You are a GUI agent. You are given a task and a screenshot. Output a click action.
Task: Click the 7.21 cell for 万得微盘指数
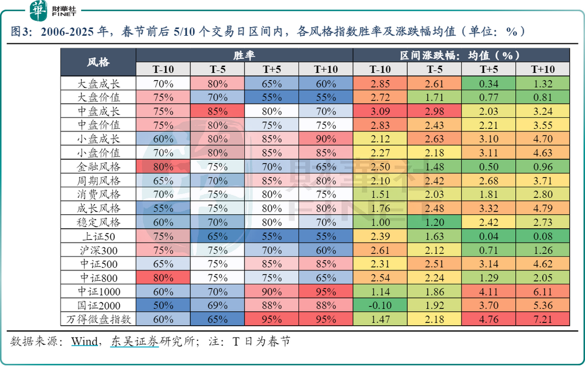point(542,319)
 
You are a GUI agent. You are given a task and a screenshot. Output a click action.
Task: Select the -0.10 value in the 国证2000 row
point(380,306)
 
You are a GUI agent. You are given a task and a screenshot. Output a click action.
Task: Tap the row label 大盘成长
point(98,84)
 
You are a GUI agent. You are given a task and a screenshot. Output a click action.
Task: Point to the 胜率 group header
point(244,55)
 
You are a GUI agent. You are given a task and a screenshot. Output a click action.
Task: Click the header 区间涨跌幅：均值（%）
point(461,55)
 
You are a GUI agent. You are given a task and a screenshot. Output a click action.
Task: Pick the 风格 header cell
point(98,62)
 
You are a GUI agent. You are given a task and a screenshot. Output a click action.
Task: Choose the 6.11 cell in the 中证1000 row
point(542,292)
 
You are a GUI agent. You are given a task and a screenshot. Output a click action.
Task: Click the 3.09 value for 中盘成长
point(380,111)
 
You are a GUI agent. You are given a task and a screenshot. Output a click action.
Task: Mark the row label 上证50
point(98,236)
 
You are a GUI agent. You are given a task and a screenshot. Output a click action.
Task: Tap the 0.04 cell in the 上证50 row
point(488,236)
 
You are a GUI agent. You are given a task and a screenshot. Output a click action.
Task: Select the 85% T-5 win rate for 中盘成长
point(217,111)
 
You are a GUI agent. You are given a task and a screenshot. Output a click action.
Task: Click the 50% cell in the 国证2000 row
point(163,306)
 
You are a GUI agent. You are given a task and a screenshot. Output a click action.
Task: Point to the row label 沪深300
point(98,250)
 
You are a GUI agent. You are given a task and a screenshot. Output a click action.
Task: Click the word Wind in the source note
point(84,341)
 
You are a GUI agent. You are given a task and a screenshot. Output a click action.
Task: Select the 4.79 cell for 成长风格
point(542,208)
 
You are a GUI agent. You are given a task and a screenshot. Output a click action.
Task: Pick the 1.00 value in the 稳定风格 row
point(380,222)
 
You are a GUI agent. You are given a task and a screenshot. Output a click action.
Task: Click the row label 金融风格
point(98,167)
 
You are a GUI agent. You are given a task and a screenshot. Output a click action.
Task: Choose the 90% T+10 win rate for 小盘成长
point(326,139)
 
